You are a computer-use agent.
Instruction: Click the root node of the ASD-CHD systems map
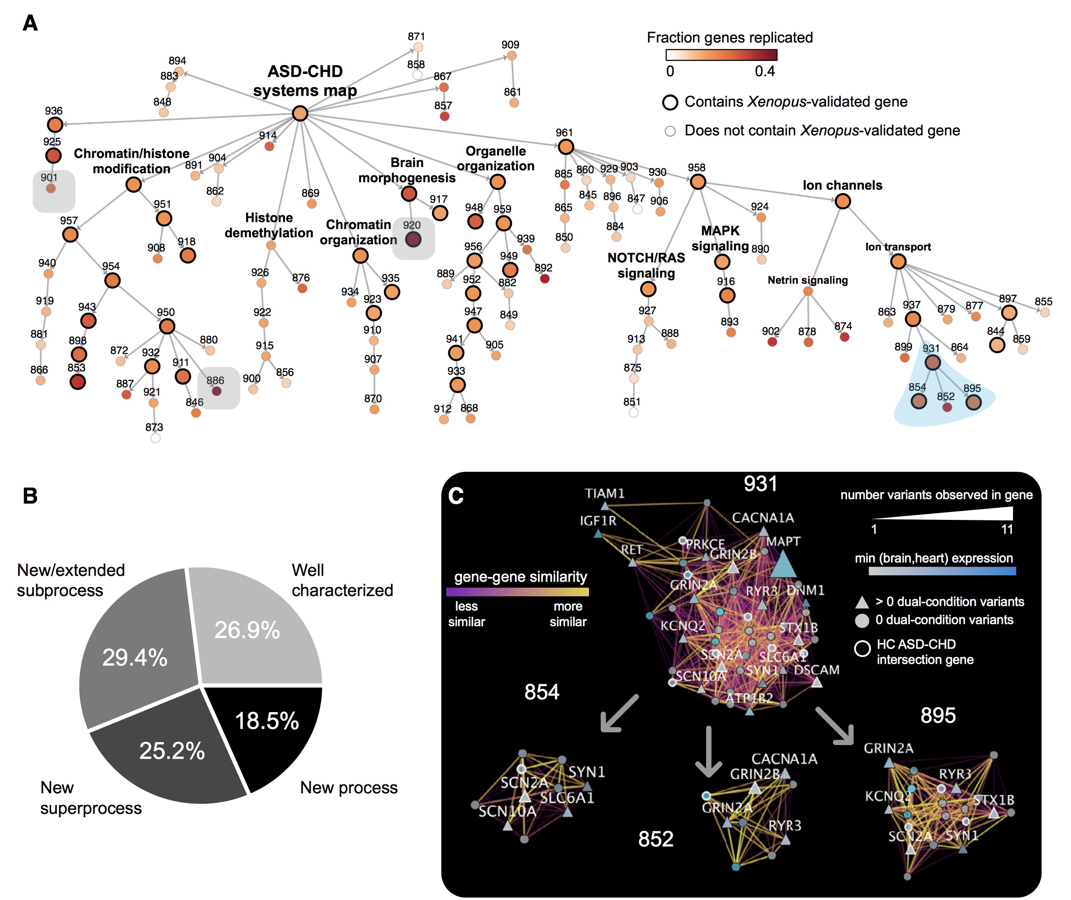300,113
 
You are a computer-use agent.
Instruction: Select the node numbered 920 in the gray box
413,239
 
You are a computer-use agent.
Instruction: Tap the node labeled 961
566,147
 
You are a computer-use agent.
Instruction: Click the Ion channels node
842,201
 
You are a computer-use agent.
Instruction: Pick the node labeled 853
78,382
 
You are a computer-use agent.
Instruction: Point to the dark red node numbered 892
545,279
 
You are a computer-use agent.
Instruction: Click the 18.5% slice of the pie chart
270,729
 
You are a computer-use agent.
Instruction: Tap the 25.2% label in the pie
172,750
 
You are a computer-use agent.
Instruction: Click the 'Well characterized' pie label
342,580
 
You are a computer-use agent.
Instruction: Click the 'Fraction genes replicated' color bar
721,55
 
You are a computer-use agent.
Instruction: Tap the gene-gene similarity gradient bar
517,592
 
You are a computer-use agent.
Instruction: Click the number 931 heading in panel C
760,484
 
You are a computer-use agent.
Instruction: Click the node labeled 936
55,125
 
